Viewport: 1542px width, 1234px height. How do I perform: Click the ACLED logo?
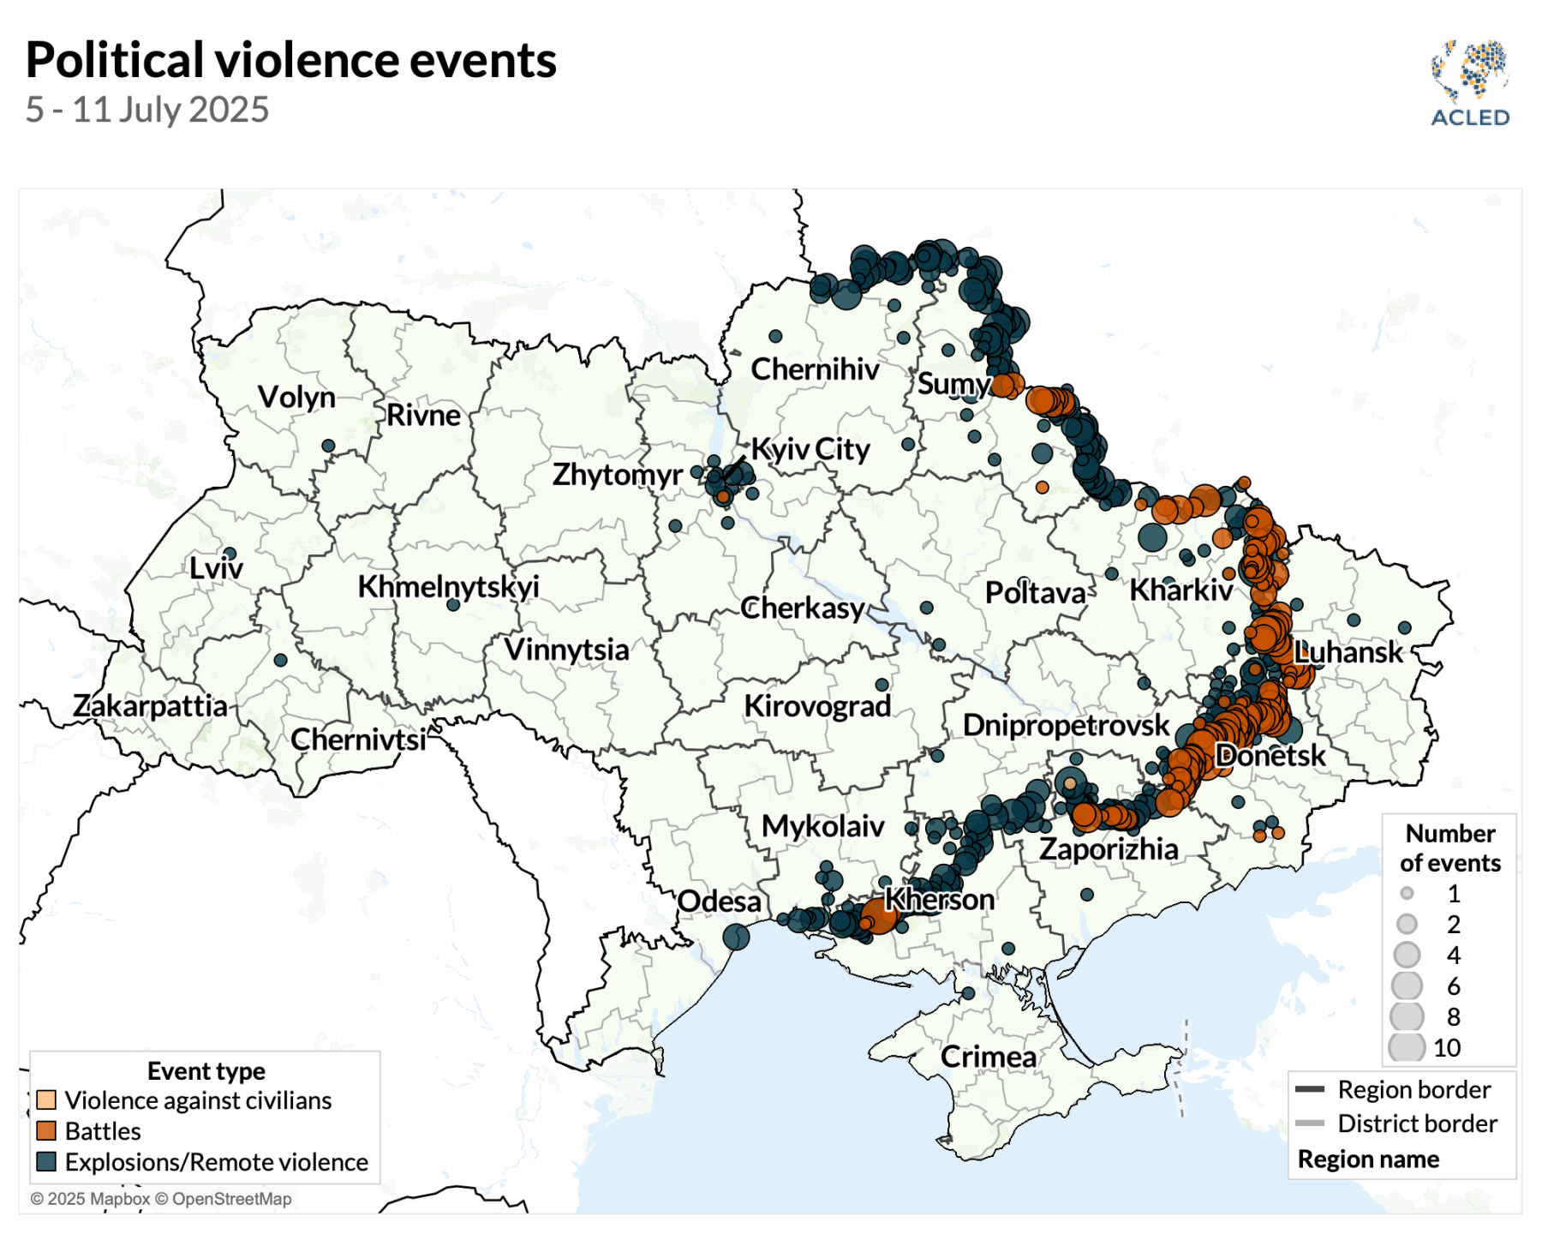(x=1469, y=83)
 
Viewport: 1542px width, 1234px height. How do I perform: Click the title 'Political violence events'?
(x=291, y=60)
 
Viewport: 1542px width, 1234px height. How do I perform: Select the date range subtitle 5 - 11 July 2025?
(x=147, y=110)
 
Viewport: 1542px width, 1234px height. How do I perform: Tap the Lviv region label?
(x=216, y=568)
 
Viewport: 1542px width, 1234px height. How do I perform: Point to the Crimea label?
(x=988, y=1057)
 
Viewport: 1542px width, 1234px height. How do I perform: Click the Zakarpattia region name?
(x=150, y=706)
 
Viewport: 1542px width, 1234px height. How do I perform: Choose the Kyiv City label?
(x=810, y=449)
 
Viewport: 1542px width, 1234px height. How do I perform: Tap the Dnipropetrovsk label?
(x=1066, y=725)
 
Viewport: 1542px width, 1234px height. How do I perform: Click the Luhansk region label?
(x=1348, y=652)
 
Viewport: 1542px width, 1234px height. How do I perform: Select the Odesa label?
(x=719, y=902)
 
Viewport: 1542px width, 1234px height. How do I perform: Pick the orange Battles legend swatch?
(x=46, y=1131)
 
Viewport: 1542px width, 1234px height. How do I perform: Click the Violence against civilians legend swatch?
(x=46, y=1100)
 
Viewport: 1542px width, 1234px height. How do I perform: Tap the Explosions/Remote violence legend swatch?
(x=46, y=1162)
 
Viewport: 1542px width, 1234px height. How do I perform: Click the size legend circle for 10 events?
(x=1407, y=1047)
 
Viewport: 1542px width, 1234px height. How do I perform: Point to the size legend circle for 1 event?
(x=1407, y=894)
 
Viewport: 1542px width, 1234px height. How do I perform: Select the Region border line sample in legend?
(x=1310, y=1090)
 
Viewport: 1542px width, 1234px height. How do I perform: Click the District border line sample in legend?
(x=1310, y=1123)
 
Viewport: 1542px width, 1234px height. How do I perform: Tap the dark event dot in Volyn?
(x=328, y=446)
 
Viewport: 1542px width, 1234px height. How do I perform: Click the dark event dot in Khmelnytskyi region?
(x=453, y=604)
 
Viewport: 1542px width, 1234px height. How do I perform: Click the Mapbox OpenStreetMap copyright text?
(x=161, y=1199)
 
